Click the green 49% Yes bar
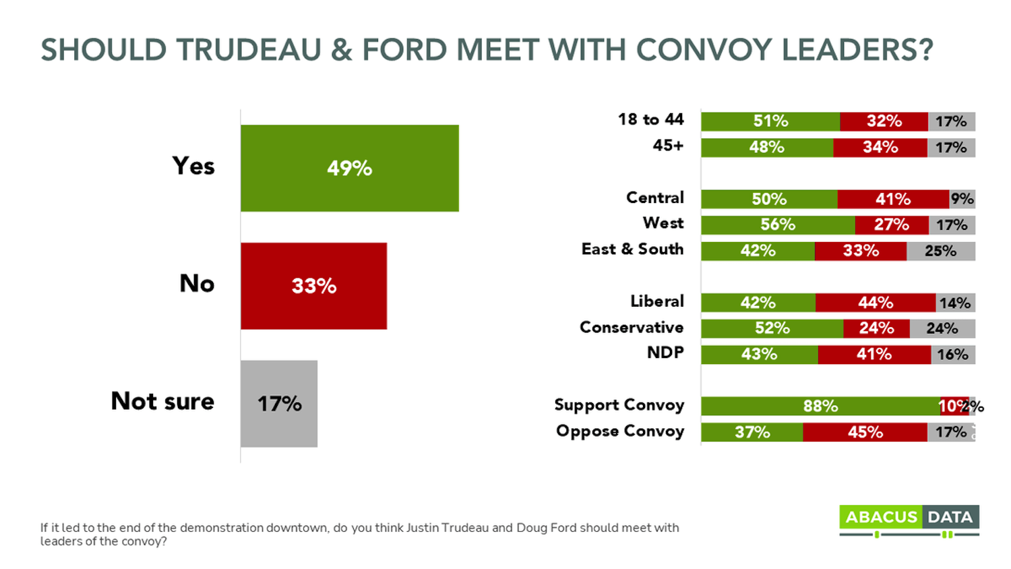pyautogui.click(x=349, y=168)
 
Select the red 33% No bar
pyautogui.click(x=313, y=286)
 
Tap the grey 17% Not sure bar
pyautogui.click(x=278, y=403)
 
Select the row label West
pyautogui.click(x=663, y=223)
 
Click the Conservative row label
pyautogui.click(x=631, y=328)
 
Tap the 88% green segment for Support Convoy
pyautogui.click(x=820, y=406)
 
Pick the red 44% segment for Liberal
pyautogui.click(x=875, y=303)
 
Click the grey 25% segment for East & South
pyautogui.click(x=940, y=251)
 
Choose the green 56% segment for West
pyautogui.click(x=778, y=224)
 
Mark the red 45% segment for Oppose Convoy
pyautogui.click(x=865, y=432)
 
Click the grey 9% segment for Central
pyautogui.click(x=962, y=199)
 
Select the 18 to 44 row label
pyautogui.click(x=650, y=120)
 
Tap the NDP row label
pyautogui.click(x=665, y=353)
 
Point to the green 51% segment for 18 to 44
pyautogui.click(x=770, y=121)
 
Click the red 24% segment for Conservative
pyautogui.click(x=876, y=328)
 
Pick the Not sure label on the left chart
pyautogui.click(x=162, y=401)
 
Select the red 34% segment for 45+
pyautogui.click(x=880, y=148)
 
